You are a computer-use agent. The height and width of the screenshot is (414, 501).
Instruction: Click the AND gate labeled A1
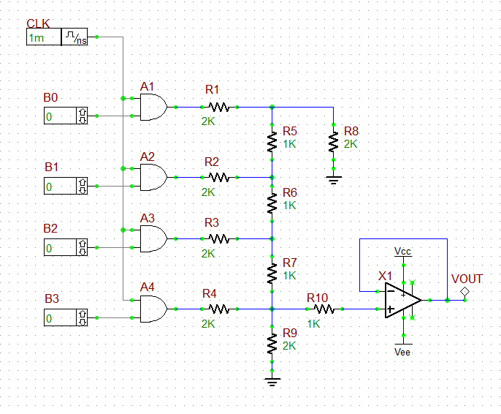pyautogui.click(x=153, y=108)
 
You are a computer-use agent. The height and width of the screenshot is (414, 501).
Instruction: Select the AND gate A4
pyautogui.click(x=153, y=309)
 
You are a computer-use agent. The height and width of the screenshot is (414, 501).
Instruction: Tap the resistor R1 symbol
pyautogui.click(x=218, y=108)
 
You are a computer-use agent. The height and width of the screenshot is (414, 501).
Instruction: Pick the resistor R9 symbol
pyautogui.click(x=272, y=342)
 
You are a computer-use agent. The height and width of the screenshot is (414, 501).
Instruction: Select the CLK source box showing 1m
pyautogui.click(x=57, y=38)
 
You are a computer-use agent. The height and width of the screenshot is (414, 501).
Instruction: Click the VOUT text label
pyautogui.click(x=467, y=279)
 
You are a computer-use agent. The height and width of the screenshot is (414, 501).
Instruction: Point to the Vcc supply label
pyautogui.click(x=402, y=251)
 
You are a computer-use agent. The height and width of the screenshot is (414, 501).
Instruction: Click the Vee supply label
pyautogui.click(x=402, y=351)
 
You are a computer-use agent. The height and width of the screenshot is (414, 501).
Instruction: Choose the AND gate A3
pyautogui.click(x=153, y=238)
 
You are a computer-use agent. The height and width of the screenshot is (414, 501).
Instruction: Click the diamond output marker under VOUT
pyautogui.click(x=463, y=293)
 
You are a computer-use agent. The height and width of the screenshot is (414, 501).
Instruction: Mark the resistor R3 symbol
pyautogui.click(x=218, y=238)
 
